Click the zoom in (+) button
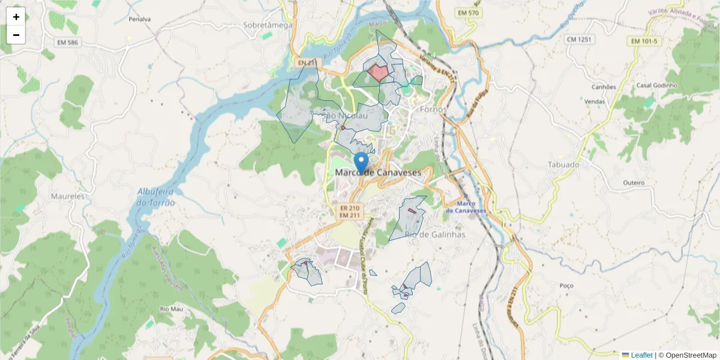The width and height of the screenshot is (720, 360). [16, 17]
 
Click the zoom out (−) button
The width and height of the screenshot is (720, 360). [16, 35]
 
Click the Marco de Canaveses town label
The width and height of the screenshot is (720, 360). [378, 172]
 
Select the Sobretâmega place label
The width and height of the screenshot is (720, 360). [268, 25]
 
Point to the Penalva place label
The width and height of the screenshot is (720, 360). [140, 19]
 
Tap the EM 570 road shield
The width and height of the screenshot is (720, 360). [469, 13]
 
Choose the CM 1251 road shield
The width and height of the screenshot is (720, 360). [578, 39]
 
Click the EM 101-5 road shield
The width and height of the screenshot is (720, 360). [644, 41]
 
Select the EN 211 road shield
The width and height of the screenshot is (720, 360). [306, 62]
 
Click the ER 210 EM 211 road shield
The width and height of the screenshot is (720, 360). [349, 212]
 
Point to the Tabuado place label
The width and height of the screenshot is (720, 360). [563, 164]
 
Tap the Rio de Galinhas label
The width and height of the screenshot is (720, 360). [435, 235]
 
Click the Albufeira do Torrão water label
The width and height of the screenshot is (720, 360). [156, 197]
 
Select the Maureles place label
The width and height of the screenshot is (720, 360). [68, 196]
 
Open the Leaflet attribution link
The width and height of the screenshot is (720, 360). [641, 355]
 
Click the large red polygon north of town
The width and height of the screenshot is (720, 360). [378, 73]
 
